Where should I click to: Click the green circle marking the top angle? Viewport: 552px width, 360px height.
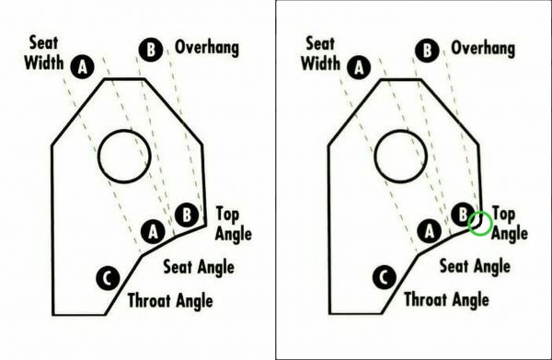479,223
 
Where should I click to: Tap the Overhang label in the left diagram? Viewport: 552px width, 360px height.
207,48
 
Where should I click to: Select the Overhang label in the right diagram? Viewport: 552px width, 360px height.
482,48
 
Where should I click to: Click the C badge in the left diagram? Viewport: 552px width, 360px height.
106,277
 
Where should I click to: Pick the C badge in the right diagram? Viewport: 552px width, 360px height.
383,276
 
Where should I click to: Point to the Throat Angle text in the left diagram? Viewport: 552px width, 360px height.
170,300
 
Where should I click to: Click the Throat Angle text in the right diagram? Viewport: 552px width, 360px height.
446,300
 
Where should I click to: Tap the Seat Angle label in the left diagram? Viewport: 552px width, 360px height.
198,267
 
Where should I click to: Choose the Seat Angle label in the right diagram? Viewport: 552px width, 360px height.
474,267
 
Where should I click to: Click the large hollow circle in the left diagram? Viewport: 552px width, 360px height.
124,156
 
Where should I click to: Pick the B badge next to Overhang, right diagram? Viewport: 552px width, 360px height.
426,49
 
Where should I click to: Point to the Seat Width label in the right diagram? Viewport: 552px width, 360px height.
320,53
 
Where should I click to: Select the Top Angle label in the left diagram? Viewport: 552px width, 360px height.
234,223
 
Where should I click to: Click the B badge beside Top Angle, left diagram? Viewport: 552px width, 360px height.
186,215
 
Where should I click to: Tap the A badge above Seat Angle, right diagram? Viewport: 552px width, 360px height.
427,230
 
